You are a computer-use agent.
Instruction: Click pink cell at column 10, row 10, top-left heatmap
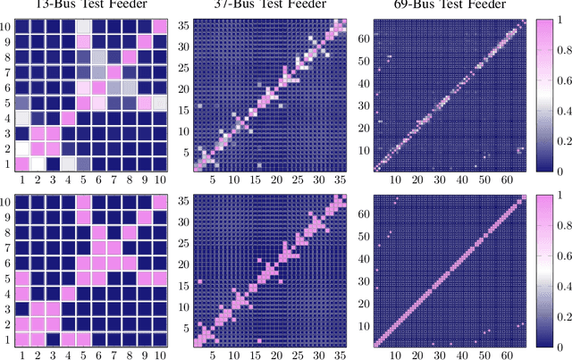[160, 25]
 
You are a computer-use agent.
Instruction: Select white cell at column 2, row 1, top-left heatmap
[38, 163]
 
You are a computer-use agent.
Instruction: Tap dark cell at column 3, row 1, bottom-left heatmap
[54, 339]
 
